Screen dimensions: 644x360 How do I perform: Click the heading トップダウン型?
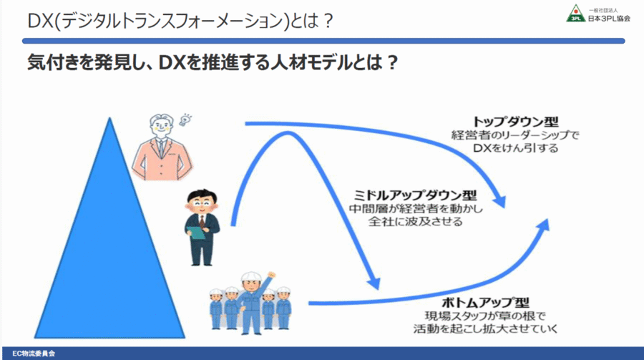point(515,122)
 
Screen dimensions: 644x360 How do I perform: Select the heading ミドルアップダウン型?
point(415,195)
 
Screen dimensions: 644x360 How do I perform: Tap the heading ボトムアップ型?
point(485,303)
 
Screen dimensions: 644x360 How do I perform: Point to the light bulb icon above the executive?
point(185,120)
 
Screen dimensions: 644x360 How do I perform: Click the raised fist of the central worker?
point(271,275)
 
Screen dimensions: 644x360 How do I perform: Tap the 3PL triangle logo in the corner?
point(576,13)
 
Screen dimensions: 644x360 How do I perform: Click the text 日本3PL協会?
point(609,18)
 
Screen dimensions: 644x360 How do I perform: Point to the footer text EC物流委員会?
point(34,354)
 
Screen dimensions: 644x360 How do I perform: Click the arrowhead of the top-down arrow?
point(500,200)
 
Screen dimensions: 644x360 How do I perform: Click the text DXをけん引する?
point(515,148)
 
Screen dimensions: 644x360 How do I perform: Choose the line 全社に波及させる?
point(415,221)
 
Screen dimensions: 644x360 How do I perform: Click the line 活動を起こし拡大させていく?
point(485,329)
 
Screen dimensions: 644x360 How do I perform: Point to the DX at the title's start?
point(41,21)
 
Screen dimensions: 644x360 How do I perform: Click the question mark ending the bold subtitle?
point(392,63)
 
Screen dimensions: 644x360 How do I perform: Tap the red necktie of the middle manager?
point(202,220)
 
